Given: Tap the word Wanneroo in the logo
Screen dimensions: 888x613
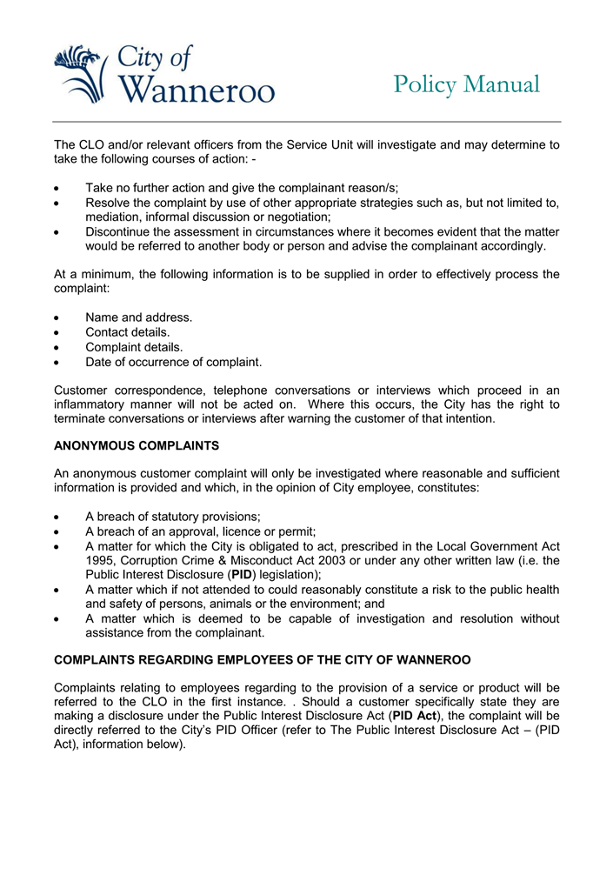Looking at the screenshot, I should [195, 89].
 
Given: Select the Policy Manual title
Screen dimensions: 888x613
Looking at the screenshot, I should [466, 84].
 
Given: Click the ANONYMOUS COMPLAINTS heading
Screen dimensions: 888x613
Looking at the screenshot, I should [137, 445].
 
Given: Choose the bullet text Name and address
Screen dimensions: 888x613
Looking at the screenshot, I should [138, 317].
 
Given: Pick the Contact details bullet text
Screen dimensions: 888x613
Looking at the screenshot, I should [127, 332].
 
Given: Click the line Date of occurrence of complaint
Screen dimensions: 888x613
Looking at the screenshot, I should [173, 362].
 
